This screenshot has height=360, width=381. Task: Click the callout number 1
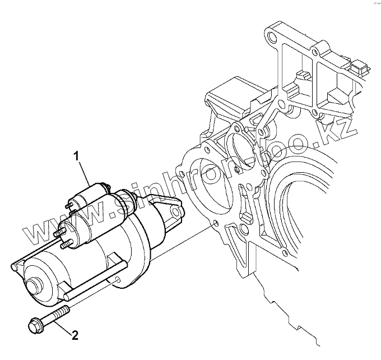78,154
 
